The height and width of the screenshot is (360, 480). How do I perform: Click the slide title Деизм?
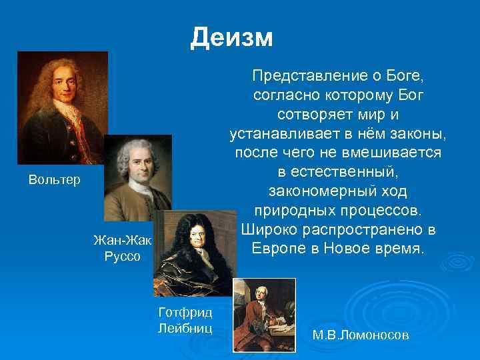[231, 37]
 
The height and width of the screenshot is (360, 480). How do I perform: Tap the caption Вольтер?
[54, 180]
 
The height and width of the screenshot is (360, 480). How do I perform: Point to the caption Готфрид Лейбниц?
[185, 319]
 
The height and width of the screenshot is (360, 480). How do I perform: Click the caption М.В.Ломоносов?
[360, 335]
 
